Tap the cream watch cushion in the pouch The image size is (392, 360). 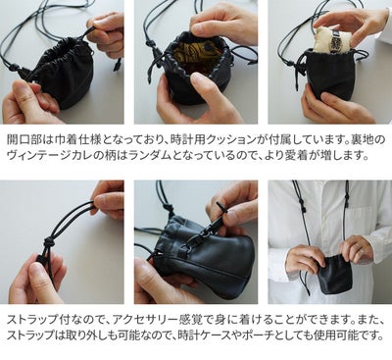[x=330, y=41]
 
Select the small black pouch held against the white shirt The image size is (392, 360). [x=336, y=274]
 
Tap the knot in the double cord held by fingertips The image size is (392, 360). [x=49, y=242]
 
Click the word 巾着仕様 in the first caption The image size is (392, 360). [x=76, y=140]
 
